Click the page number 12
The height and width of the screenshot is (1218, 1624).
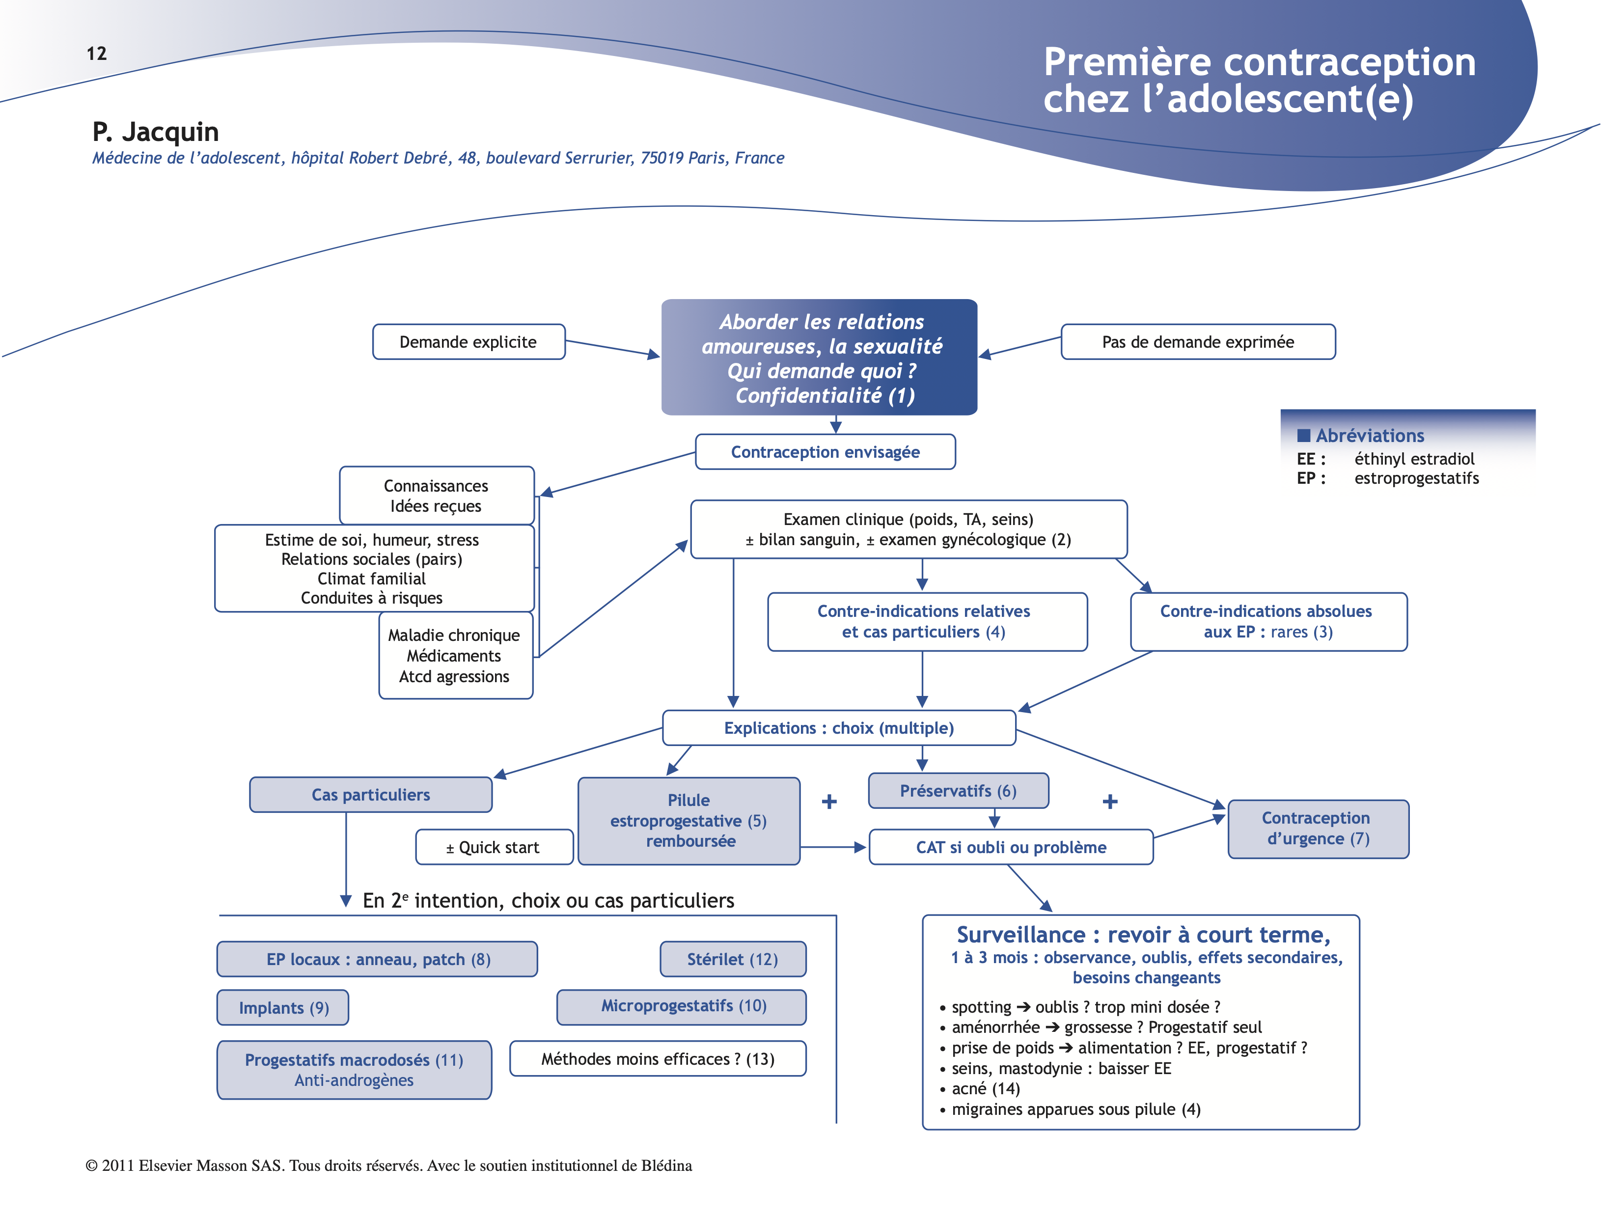(96, 54)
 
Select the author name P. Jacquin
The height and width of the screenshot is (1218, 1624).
(156, 132)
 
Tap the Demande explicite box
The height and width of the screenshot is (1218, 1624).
(468, 342)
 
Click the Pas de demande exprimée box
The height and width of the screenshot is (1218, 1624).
(1197, 342)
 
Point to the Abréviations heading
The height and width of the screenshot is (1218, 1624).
(1369, 435)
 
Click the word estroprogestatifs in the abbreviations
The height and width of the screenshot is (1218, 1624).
(1416, 479)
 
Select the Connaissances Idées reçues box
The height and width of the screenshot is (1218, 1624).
(436, 496)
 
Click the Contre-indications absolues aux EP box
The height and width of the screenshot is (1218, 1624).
(1268, 621)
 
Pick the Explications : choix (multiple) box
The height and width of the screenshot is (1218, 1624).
(838, 727)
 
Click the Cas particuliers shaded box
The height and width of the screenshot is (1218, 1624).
(371, 794)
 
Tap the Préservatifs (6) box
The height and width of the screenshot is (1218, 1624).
(958, 791)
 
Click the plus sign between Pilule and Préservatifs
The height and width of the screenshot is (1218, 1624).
(829, 801)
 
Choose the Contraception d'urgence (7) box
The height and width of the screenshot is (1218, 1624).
(1318, 828)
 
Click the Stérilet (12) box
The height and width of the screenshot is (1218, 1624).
(732, 959)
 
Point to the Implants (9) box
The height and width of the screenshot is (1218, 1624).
(283, 1007)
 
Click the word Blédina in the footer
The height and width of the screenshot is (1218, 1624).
(666, 1166)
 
